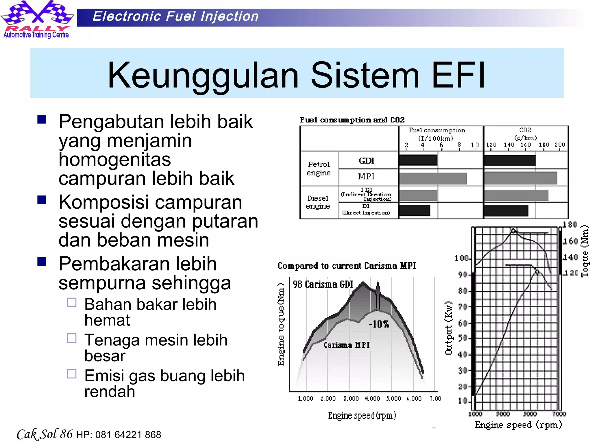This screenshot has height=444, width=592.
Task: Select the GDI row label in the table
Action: click(366, 161)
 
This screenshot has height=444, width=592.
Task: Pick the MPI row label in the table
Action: click(366, 176)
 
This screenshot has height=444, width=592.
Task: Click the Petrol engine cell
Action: click(319, 169)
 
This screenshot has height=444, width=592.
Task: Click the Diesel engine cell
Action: click(318, 202)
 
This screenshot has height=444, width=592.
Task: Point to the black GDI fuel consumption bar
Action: click(418, 160)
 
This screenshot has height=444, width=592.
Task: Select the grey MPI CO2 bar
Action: click(521, 178)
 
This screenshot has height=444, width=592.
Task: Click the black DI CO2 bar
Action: click(506, 211)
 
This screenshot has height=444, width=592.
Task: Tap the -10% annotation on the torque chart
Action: click(379, 324)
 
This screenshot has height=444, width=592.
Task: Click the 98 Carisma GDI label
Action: click(323, 284)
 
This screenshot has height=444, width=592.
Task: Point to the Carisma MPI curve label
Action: click(346, 345)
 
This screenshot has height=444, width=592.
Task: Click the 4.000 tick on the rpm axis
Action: click(372, 399)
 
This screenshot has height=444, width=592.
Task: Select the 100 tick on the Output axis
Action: click(461, 258)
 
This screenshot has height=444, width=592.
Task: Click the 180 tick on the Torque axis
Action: click(570, 225)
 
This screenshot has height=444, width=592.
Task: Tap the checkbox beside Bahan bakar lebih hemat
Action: click(71, 303)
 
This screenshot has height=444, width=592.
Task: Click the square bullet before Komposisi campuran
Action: click(42, 200)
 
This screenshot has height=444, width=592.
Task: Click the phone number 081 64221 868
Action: click(128, 434)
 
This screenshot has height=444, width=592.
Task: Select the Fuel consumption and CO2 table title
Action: click(352, 120)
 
